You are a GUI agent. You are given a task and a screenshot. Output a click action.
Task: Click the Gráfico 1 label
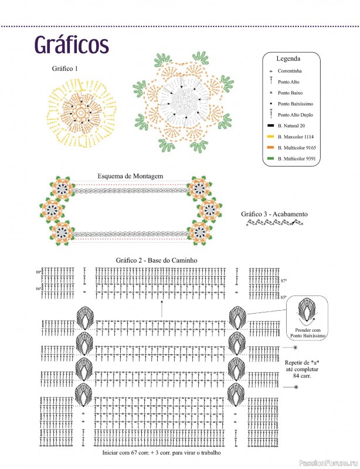64,69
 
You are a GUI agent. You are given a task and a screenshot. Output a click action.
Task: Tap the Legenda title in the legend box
288,59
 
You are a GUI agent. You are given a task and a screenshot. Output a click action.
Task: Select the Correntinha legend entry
290,70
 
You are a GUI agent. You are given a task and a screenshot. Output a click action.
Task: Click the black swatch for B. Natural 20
270,125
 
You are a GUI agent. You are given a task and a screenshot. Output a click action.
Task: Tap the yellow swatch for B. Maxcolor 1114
270,137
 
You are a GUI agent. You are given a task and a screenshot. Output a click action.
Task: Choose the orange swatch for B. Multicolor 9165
270,148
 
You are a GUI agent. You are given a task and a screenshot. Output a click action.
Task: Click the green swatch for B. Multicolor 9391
270,159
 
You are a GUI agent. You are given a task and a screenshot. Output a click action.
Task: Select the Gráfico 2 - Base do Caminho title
155,259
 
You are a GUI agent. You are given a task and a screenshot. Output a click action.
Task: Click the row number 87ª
284,281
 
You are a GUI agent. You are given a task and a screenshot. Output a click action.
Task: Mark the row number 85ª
284,298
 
